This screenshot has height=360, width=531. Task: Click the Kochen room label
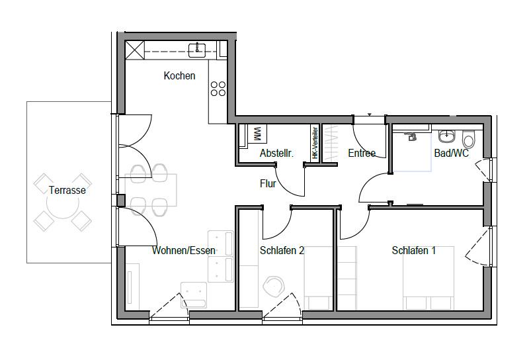click(179, 76)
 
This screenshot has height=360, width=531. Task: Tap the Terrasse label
click(67, 191)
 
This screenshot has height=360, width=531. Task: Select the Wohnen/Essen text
click(183, 251)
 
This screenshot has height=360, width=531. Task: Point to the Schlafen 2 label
click(282, 251)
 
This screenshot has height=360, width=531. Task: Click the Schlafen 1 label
click(413, 251)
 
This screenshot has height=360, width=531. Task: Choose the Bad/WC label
click(451, 154)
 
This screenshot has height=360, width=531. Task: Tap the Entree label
click(362, 154)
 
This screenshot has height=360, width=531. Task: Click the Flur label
click(267, 185)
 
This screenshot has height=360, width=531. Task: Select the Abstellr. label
click(276, 154)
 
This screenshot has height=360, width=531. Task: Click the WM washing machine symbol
click(257, 134)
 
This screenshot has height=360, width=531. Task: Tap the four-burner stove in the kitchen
click(218, 89)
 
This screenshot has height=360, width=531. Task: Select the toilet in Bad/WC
click(469, 139)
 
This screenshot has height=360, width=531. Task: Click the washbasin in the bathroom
click(448, 136)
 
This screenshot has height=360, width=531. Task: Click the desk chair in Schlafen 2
click(273, 286)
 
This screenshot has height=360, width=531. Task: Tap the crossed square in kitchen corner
click(135, 50)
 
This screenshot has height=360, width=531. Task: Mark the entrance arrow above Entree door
click(370, 115)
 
